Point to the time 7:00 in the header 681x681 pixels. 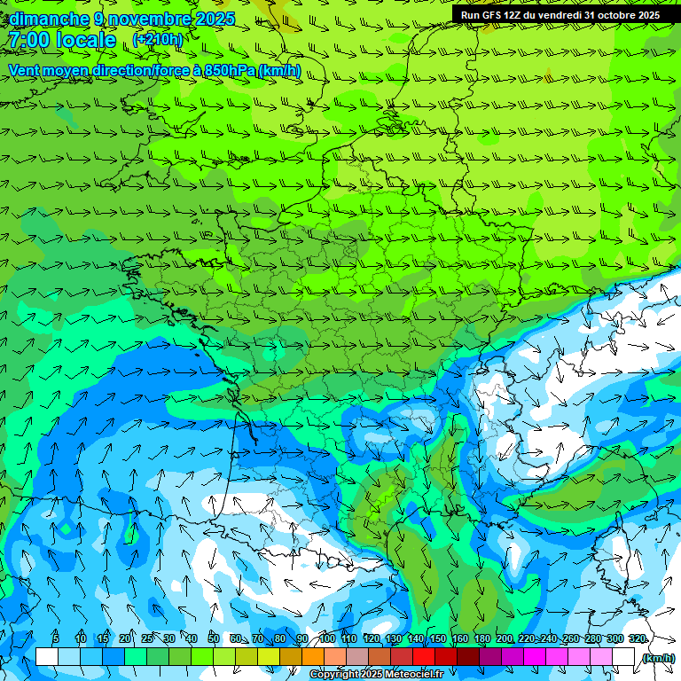(x=27, y=40)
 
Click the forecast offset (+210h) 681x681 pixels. (x=158, y=40)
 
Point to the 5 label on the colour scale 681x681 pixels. (x=56, y=638)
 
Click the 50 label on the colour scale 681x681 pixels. (x=214, y=638)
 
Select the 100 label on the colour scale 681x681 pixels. (x=327, y=638)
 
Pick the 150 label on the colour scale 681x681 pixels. (x=438, y=638)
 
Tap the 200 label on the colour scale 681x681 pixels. (x=505, y=638)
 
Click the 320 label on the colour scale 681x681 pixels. (x=637, y=638)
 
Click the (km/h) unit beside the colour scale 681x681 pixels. (x=657, y=658)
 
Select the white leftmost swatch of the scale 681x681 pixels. (x=46, y=657)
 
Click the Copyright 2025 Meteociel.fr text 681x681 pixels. (x=376, y=675)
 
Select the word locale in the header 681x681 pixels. (x=85, y=40)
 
